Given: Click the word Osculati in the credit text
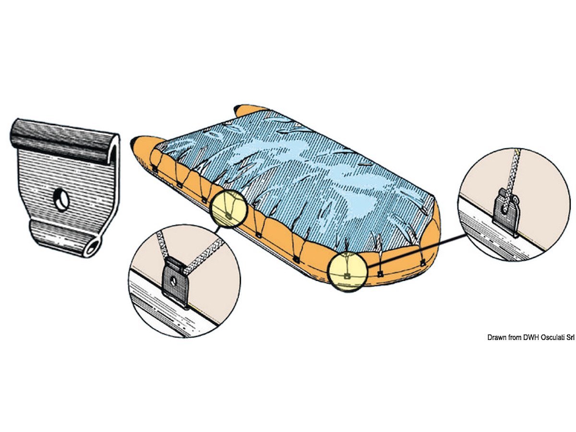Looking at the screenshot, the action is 552,337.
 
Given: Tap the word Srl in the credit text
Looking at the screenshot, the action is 570,337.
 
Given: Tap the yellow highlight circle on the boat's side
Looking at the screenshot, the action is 228,209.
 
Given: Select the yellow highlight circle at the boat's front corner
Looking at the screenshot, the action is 348,272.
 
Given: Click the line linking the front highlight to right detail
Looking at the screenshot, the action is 417,251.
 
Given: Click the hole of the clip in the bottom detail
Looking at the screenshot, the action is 173,281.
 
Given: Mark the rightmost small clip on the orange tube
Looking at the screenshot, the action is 423,262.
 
